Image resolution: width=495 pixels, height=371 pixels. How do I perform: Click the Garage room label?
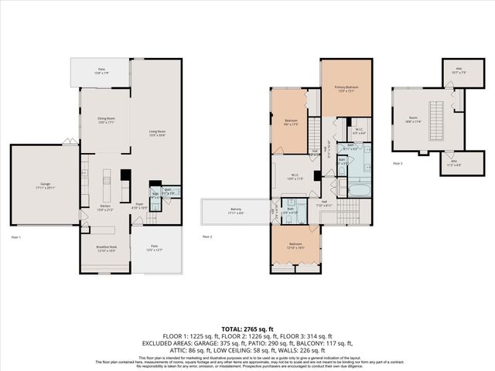coord(43,185)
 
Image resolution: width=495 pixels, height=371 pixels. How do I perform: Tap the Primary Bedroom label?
coord(346,88)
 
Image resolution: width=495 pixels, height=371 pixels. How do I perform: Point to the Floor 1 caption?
coord(16,237)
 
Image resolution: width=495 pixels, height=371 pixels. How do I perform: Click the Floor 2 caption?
coord(207,237)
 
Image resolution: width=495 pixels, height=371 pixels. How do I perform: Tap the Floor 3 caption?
coord(398,164)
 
